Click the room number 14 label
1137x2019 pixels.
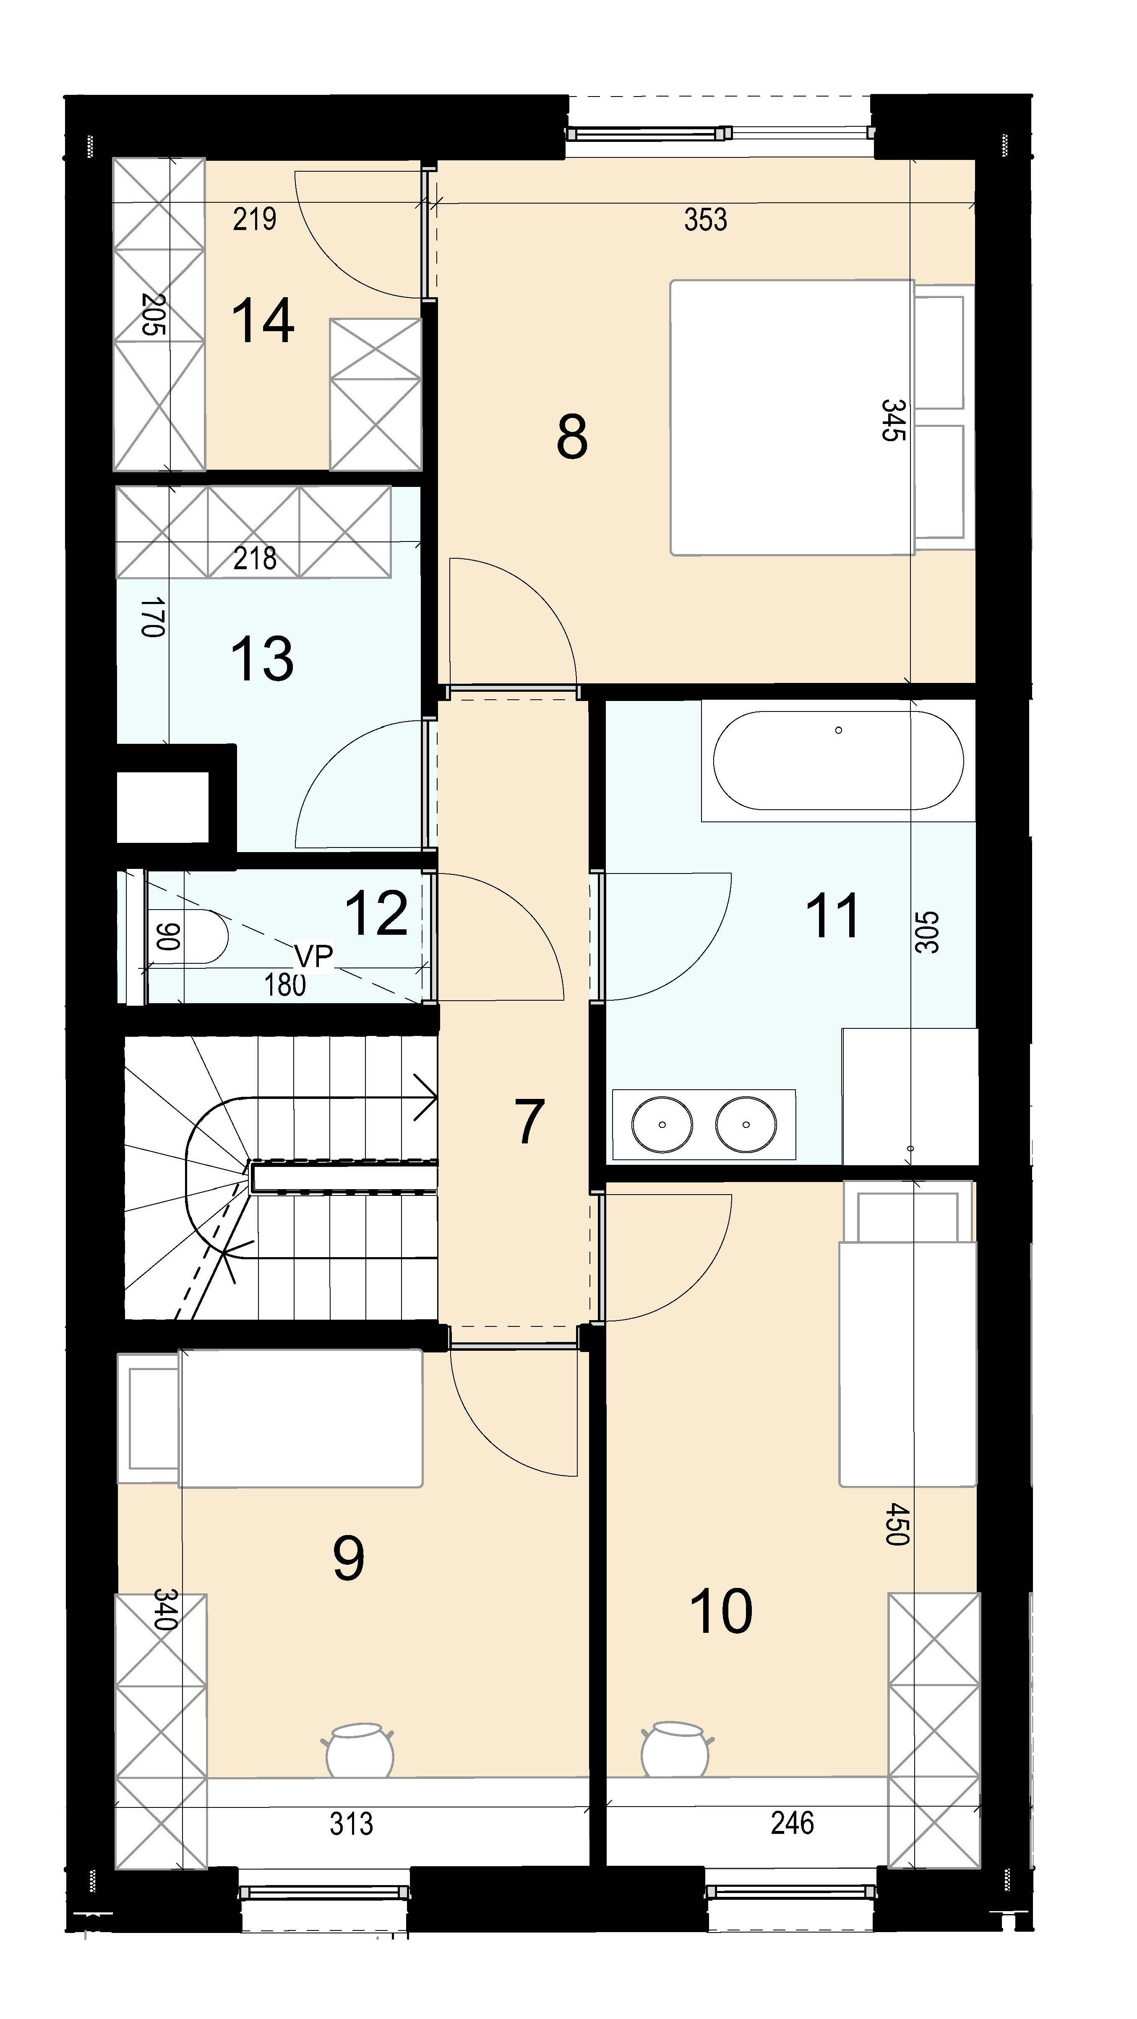263,321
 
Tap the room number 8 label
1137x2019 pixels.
572,437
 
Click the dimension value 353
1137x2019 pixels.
705,220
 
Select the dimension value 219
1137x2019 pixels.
255,219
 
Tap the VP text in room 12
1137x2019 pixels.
314,955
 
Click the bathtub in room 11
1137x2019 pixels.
838,760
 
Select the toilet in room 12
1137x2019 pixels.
187,936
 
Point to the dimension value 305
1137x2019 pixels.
926,931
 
